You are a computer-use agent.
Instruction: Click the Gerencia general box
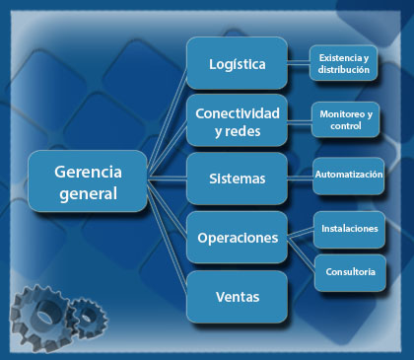click(x=88, y=181)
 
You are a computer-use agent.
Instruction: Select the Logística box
click(x=237, y=63)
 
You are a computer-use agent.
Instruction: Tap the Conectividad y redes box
click(x=237, y=120)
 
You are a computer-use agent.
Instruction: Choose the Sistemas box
click(x=237, y=179)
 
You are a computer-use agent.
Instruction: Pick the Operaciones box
click(x=237, y=237)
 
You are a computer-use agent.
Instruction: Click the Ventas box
click(x=237, y=297)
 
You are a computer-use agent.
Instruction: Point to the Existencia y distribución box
click(x=343, y=63)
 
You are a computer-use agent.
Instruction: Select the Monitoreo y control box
click(x=346, y=119)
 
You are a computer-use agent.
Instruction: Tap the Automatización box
click(x=349, y=176)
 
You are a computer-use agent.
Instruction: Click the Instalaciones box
click(x=349, y=230)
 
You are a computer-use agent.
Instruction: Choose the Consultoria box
click(x=350, y=273)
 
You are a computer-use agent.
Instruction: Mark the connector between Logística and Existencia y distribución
click(x=299, y=63)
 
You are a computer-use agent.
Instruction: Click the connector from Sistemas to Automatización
click(x=301, y=178)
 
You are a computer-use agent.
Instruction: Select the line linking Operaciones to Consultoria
click(x=302, y=253)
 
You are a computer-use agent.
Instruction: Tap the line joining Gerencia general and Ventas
click(x=168, y=236)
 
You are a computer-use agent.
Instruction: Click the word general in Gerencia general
click(x=88, y=194)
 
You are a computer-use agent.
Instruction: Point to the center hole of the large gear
click(x=43, y=317)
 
